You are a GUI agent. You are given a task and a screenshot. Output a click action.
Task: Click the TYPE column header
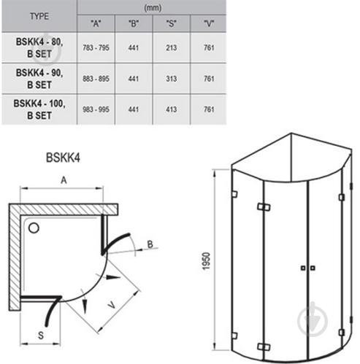pos(39,16)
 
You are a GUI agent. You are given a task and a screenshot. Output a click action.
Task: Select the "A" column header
pos(96,23)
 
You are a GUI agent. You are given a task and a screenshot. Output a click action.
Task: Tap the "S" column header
pos(172,23)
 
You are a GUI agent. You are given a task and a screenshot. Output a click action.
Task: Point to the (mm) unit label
pos(153,8)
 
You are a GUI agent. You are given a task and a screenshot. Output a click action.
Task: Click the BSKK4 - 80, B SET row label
pos(39,47)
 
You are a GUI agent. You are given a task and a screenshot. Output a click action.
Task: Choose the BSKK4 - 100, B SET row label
pos(39,109)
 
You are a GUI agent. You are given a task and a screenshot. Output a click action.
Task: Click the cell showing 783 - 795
pos(96,47)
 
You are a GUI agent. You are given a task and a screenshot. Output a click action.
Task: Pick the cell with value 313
pos(172,79)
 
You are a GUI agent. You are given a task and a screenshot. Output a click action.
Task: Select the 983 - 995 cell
pos(96,109)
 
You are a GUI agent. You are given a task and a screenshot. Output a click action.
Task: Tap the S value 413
pos(172,109)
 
